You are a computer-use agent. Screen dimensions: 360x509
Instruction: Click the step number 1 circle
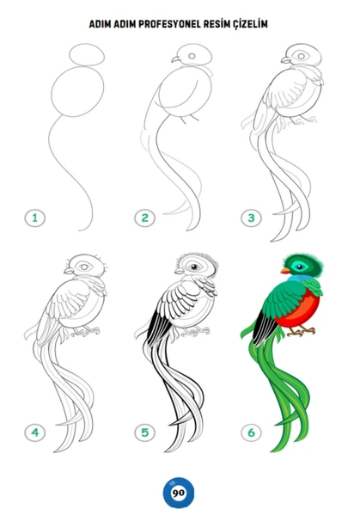point(35,218)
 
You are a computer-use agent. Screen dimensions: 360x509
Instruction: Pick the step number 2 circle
point(145,218)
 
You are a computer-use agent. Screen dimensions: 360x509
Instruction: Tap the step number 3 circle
point(252,218)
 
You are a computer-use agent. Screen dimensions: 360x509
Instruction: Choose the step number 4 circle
point(35,432)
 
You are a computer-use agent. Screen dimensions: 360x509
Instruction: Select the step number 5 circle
point(145,432)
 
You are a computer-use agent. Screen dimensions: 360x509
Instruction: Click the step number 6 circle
point(252,432)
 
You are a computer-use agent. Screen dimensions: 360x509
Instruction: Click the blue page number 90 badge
point(179,493)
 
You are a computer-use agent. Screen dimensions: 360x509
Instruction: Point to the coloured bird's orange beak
point(285,271)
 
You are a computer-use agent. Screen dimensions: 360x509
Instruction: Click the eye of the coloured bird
point(299,267)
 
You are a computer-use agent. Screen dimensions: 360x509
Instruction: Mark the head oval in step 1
point(87,54)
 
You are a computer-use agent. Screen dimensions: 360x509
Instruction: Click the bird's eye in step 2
point(192,56)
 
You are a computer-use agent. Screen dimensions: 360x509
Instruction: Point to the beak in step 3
point(286,60)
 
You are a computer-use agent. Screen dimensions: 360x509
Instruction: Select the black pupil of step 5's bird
point(194,267)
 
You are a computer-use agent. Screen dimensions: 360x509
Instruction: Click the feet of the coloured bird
point(302,331)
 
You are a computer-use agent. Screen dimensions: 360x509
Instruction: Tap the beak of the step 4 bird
point(69,271)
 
